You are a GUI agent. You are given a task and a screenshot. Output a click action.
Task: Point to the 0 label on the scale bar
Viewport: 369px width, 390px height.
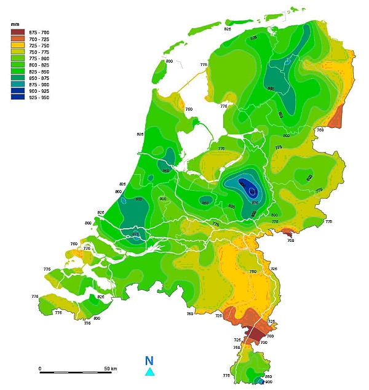40,368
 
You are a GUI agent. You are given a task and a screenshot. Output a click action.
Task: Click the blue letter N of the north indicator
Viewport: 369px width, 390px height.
149,361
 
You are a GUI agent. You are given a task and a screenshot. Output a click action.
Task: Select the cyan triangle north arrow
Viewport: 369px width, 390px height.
149,372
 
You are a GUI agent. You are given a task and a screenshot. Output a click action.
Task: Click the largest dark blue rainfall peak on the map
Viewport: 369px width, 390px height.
247,187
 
